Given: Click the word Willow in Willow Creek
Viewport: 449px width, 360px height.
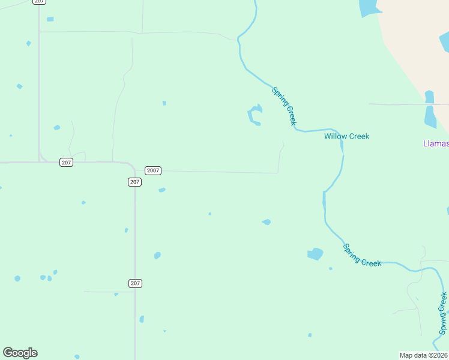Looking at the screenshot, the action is (x=335, y=136).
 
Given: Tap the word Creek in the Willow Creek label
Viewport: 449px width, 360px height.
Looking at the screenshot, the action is (x=358, y=136).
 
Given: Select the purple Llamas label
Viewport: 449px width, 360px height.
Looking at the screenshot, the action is (x=436, y=143).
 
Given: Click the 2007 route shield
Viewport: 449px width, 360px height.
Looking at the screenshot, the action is (x=153, y=170).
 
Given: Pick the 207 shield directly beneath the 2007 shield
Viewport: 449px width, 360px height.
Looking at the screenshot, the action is (x=134, y=182).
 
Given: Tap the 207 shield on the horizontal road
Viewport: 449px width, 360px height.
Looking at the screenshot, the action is (x=66, y=163).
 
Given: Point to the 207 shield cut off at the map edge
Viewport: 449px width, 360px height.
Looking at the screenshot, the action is (x=39, y=2).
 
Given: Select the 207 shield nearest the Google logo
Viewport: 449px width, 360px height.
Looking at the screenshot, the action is (x=135, y=283).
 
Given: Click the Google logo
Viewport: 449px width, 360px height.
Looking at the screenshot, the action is (x=20, y=353).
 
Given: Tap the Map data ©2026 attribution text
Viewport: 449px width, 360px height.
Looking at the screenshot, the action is (x=423, y=355).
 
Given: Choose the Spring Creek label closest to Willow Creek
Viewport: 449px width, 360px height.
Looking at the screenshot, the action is (x=285, y=106).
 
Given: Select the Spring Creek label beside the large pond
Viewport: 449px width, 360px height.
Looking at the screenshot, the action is (x=362, y=255).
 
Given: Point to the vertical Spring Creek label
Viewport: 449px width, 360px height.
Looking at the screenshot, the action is (x=443, y=313).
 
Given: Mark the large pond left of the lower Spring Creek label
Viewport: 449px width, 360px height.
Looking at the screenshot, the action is (x=315, y=254).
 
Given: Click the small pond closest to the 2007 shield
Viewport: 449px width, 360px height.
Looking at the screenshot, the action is (x=161, y=190).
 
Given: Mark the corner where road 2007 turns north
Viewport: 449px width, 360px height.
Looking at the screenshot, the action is (x=278, y=173).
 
